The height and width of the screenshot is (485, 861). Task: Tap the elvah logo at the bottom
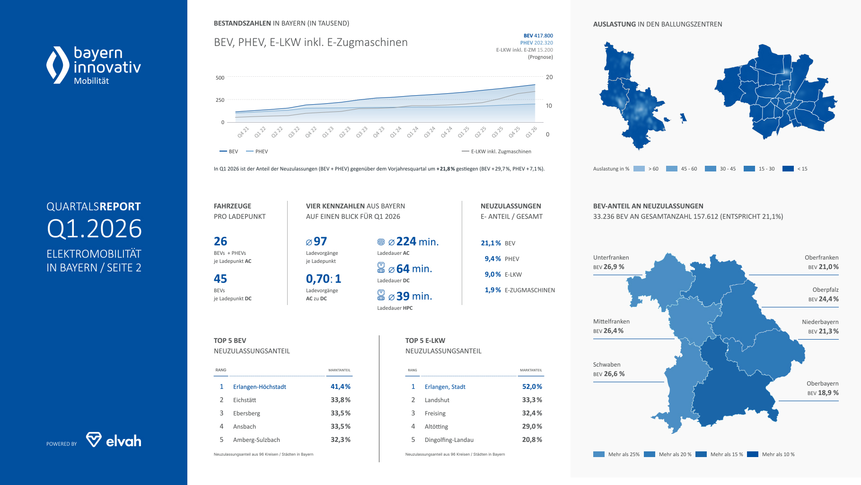point(114,440)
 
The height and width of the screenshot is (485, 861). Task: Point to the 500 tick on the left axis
point(220,78)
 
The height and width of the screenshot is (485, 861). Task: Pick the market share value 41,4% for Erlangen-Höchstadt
point(340,386)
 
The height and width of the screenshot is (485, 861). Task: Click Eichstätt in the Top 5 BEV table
point(245,400)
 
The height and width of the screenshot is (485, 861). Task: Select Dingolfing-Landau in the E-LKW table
point(449,440)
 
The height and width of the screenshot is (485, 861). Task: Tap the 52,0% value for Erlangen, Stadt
point(532,386)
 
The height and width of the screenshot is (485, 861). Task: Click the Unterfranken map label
point(611,258)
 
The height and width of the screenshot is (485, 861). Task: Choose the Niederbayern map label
point(820,322)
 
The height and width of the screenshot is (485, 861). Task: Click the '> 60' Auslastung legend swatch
point(639,169)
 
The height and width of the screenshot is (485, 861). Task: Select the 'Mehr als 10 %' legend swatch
point(753,454)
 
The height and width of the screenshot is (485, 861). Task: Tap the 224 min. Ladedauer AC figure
point(417,242)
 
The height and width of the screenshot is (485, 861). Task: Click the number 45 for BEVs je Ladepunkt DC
point(220,278)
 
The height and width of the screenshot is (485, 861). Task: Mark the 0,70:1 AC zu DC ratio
point(323,278)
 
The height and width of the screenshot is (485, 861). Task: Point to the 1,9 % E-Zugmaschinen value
point(492,290)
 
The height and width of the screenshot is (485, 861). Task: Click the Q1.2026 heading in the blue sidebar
point(94,229)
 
